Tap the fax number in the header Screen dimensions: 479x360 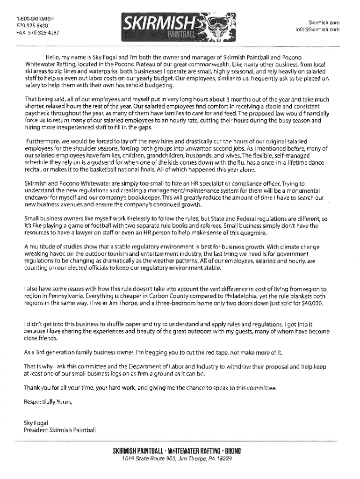[x=36, y=33]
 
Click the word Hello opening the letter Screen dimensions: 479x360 [x=53, y=57]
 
